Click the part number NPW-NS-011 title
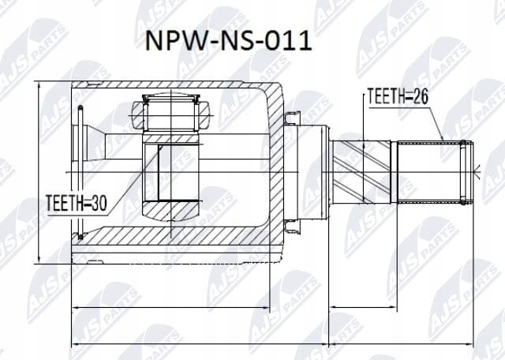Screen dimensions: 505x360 point(229,41)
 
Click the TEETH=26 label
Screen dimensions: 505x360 point(398,96)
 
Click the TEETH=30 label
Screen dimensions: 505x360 point(77,203)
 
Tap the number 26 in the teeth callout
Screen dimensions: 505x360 point(419,96)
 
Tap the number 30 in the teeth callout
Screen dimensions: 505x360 point(98,203)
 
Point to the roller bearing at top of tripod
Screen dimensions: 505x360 point(171,114)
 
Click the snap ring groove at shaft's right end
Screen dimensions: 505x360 point(463,172)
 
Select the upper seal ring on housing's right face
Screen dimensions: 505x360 point(292,118)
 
